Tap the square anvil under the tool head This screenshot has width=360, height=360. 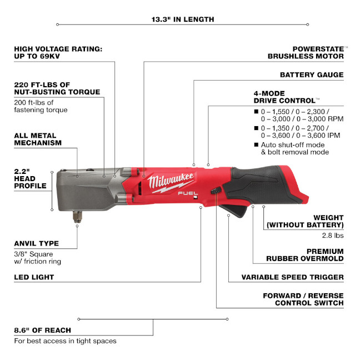[77, 217]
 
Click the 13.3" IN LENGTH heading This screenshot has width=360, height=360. [183, 19]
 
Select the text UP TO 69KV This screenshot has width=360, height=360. [37, 56]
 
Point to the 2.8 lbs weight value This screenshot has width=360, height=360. [333, 236]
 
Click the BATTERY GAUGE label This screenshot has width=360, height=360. [312, 75]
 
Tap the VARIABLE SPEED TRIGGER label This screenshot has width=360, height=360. [292, 277]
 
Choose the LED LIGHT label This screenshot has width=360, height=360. [34, 277]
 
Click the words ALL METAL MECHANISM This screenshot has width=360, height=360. [38, 139]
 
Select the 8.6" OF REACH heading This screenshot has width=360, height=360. [42, 330]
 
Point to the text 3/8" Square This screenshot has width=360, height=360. [33, 254]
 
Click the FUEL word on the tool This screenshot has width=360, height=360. [188, 193]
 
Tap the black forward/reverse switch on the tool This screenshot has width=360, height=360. [216, 191]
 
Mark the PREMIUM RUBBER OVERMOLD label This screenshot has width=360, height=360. [305, 255]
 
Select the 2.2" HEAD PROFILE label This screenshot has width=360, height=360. [31, 179]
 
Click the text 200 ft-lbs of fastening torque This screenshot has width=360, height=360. [41, 106]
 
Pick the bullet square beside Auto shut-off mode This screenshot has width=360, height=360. [257, 144]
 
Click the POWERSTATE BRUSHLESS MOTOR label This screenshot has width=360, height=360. [306, 53]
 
